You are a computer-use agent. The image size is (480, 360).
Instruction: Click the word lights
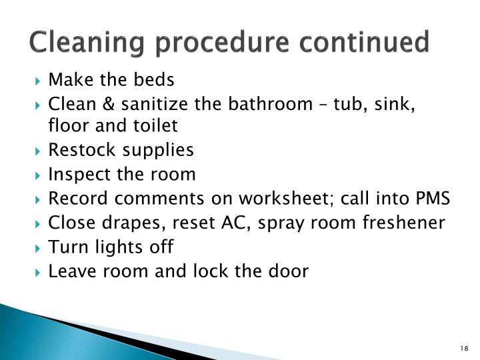116,247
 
